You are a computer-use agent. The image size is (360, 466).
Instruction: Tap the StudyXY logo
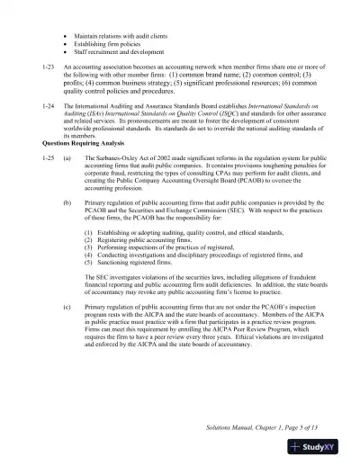click(326, 446)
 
